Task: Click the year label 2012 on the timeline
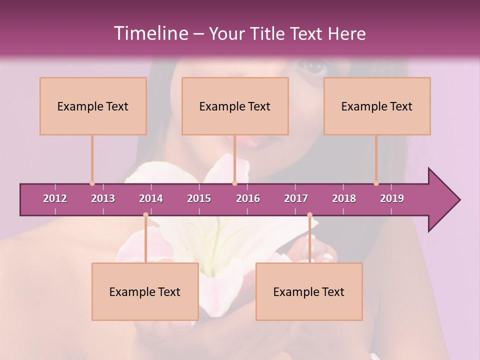55,198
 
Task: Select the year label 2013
103,198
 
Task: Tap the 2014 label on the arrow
151,198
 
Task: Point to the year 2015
199,198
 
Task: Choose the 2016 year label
248,198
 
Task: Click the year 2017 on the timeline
296,198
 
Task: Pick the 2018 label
344,198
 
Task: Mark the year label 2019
392,198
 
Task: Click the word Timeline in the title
149,33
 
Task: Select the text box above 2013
93,106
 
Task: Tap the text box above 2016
235,106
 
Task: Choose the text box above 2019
377,106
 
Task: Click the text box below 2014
145,291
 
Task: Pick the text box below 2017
309,291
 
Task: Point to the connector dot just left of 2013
92,183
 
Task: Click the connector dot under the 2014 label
145,215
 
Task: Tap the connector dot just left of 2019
376,183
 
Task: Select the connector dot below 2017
309,215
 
